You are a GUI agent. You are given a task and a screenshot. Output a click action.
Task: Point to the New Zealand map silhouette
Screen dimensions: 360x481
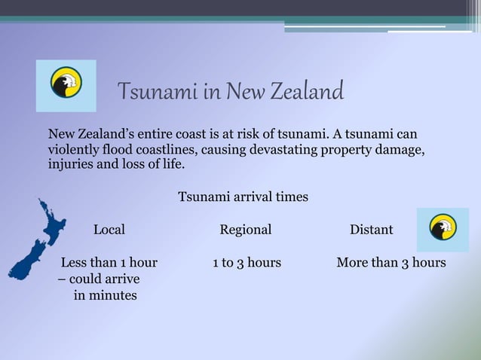33,241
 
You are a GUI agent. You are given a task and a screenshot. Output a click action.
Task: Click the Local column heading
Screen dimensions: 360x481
109,229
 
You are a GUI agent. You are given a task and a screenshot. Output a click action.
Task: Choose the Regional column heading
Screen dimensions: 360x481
246,229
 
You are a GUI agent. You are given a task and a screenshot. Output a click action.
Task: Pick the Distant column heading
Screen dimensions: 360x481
371,229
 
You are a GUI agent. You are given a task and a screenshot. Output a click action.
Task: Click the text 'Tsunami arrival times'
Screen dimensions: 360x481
243,197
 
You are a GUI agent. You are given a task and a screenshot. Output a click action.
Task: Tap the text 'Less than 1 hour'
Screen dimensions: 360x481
109,263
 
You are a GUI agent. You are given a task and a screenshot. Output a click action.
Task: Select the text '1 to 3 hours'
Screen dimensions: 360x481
247,263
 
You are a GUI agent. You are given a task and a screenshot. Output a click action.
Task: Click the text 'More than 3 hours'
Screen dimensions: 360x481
391,263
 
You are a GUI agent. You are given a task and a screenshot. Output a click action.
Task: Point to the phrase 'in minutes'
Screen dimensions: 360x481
105,295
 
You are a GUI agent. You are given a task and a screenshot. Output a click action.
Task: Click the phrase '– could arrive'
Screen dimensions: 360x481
99,279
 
